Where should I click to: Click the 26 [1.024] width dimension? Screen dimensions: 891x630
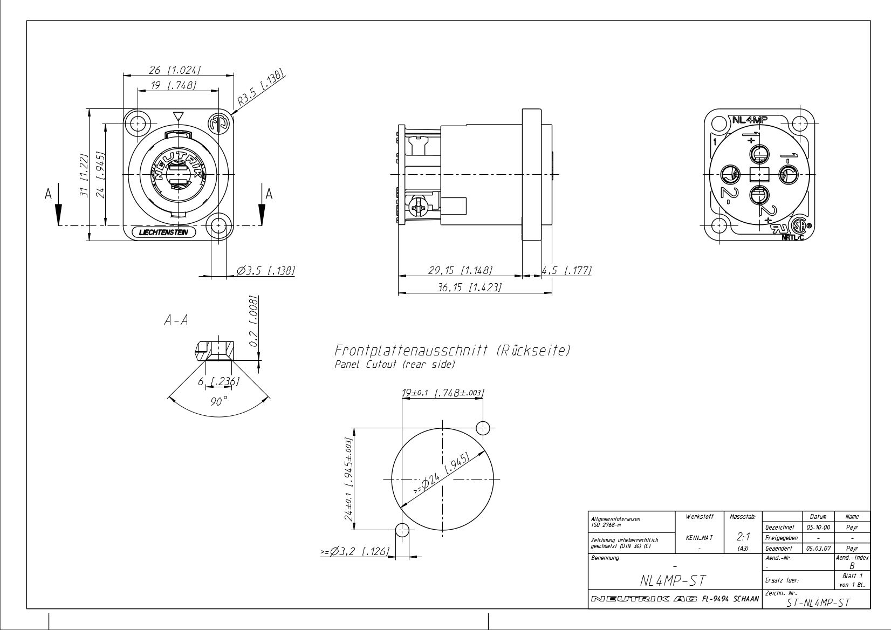click(x=174, y=70)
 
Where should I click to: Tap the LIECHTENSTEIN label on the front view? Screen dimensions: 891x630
click(x=164, y=232)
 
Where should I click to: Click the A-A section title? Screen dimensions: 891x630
click(x=176, y=320)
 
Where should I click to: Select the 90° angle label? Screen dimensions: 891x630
click(x=218, y=401)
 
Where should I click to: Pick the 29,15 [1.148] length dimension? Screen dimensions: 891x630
click(x=461, y=270)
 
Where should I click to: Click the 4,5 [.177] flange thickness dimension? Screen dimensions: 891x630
click(x=567, y=270)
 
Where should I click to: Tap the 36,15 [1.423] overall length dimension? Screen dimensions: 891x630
click(x=469, y=287)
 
